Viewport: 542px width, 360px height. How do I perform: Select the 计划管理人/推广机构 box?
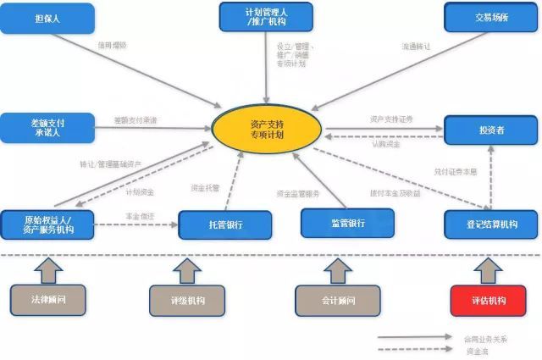tap(266, 17)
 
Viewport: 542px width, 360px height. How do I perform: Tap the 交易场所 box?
tap(490, 18)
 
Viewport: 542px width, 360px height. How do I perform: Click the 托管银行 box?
tap(224, 225)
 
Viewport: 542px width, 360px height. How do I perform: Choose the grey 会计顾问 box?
tap(338, 301)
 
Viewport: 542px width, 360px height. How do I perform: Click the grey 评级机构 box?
tap(187, 301)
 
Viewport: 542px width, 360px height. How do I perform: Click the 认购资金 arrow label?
tap(385, 143)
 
